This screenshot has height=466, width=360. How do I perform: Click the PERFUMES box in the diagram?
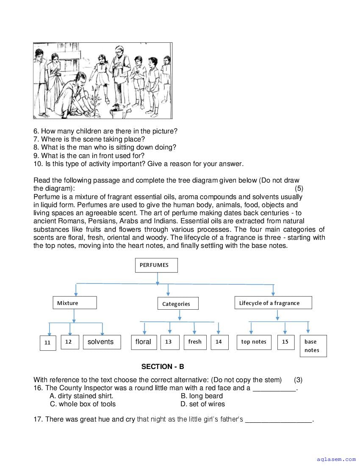point(156,265)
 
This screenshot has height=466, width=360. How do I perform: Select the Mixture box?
point(75,303)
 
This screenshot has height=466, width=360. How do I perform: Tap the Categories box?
point(177,303)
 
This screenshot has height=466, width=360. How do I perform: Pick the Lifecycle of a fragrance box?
point(273,303)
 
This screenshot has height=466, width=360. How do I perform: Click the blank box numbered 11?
point(47,343)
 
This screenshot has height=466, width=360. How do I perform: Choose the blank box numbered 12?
point(69,342)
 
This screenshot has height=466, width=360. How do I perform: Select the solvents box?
point(101,342)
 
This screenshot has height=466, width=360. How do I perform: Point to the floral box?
point(144,342)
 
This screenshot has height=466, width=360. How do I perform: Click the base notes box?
point(313,346)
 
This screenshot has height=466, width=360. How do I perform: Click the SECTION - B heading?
point(163,367)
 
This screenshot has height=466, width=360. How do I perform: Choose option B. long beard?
point(202,396)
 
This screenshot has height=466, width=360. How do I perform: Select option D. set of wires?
point(202,404)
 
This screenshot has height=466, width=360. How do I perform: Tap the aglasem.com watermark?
point(336,459)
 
